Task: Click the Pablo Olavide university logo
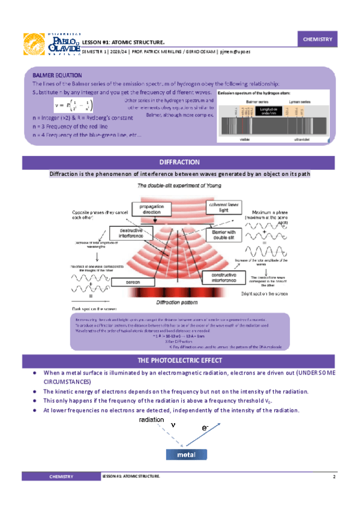tap(52, 44)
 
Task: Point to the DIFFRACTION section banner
tap(180, 162)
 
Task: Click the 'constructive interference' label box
tap(224, 276)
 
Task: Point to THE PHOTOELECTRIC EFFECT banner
tap(180, 360)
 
